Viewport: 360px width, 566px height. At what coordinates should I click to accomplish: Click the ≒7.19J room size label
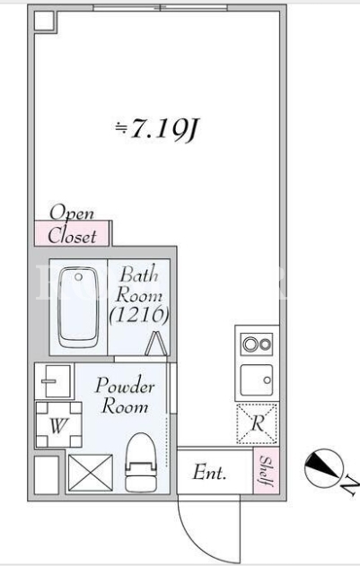pos(156,129)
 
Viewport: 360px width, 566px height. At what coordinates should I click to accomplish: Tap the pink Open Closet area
pos(72,233)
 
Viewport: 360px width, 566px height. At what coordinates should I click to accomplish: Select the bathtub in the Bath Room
pos(79,308)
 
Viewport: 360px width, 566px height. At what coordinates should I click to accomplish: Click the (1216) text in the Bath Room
pos(139,315)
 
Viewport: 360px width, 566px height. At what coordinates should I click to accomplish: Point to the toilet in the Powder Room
pos(141,463)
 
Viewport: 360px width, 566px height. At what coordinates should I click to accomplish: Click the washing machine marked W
pos(58,424)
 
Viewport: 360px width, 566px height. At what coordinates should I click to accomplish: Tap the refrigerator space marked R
pos(257,423)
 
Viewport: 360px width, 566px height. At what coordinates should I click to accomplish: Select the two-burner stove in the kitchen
pos(257,344)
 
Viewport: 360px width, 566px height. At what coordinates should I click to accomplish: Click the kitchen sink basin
pos(257,380)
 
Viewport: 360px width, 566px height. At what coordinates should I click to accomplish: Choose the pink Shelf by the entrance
pos(266,470)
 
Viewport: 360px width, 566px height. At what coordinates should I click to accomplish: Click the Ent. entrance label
pos(210,473)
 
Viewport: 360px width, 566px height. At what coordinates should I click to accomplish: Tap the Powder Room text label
pos(125,396)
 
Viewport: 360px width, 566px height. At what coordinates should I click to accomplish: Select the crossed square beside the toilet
pos(91,473)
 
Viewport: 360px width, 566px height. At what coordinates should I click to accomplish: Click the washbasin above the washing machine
pos(54,381)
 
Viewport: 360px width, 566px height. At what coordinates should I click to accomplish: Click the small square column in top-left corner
pos(45,21)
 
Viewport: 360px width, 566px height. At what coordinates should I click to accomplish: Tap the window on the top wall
pos(160,7)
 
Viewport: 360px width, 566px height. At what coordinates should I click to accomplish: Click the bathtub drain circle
pos(78,277)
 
